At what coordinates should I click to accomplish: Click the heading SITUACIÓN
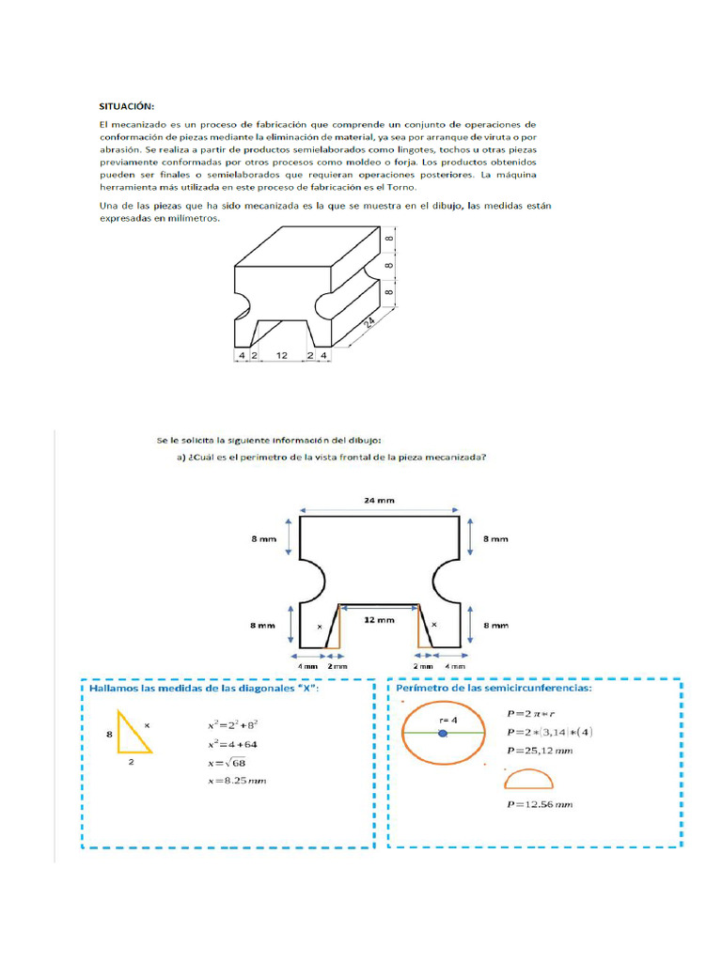click(128, 105)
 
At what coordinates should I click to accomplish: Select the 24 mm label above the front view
click(379, 501)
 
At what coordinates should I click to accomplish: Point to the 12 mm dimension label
click(379, 620)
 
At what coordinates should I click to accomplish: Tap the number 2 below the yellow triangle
click(131, 764)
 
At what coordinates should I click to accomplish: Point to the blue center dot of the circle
click(442, 733)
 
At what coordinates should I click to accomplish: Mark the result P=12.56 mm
click(540, 805)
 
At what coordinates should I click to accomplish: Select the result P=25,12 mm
click(540, 751)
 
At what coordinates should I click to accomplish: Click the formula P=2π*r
click(531, 712)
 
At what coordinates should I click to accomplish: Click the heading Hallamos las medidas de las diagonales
click(201, 689)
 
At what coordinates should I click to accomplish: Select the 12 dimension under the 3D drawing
click(281, 356)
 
